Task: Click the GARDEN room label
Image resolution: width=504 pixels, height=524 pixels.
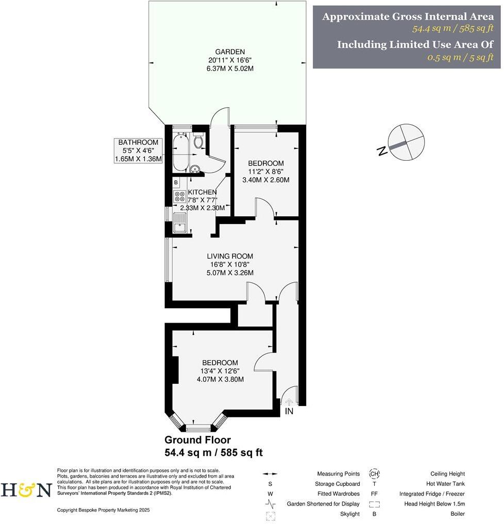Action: point(229,52)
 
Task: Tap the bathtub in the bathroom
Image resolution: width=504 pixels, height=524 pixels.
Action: point(180,152)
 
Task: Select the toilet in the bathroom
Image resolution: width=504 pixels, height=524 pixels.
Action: point(199,141)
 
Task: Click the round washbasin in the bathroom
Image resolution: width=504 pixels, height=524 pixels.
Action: point(194,169)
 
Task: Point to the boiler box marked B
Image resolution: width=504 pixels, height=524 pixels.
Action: point(176,182)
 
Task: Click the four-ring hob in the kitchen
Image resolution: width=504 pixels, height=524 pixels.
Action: point(180,196)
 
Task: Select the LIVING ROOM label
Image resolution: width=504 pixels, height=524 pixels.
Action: point(230,256)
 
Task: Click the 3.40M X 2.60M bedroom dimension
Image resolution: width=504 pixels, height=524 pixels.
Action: point(265,180)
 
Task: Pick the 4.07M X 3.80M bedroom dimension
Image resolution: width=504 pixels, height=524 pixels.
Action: point(220,379)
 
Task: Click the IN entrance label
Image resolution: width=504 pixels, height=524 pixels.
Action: point(289,412)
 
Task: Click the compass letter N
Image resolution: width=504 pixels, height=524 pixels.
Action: point(382,151)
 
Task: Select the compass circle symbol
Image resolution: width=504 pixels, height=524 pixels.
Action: point(407,142)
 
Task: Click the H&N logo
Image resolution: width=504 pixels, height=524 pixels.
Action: point(26,489)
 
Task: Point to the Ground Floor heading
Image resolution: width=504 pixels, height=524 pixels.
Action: point(197,440)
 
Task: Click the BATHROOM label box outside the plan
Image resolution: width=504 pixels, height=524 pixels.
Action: point(139,150)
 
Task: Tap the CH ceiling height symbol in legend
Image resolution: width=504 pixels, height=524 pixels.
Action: point(374,474)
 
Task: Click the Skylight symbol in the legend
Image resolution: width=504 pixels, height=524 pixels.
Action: point(271,514)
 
